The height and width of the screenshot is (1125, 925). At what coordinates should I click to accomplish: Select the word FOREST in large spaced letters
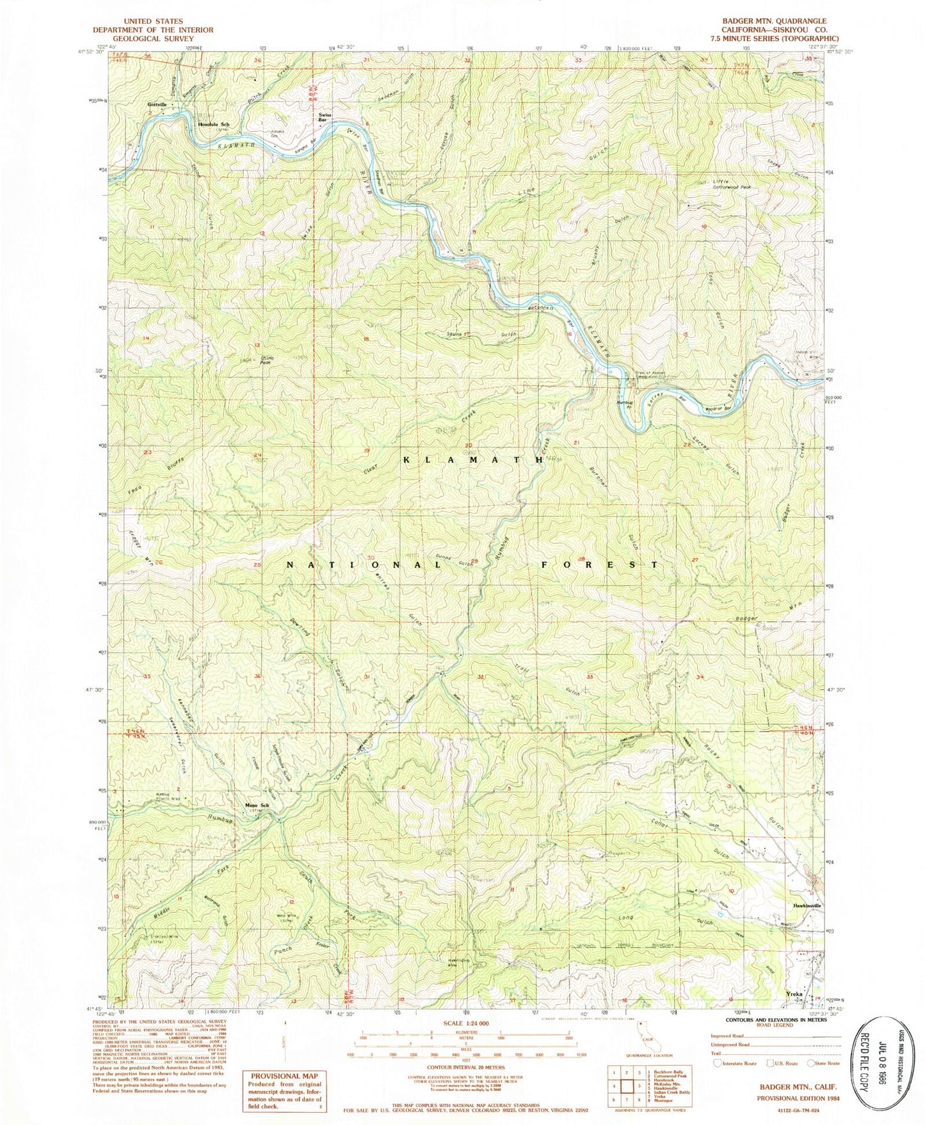pos(600,565)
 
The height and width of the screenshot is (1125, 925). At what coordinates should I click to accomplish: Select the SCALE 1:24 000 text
pos(463,1023)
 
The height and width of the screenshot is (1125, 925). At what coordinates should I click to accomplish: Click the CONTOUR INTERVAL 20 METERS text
pos(463,1067)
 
